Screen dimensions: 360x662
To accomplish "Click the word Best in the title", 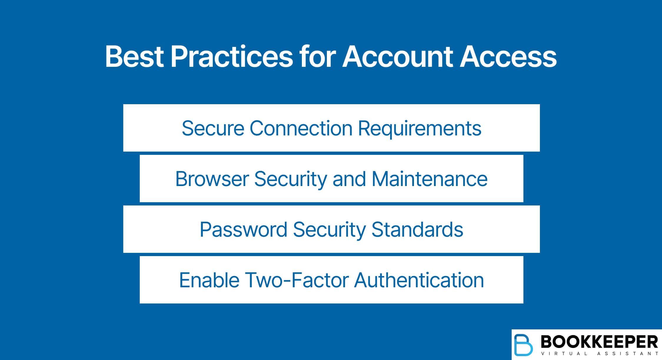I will (x=134, y=57).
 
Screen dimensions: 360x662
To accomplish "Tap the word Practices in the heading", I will (x=232, y=57).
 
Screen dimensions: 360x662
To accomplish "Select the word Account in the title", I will (x=397, y=57).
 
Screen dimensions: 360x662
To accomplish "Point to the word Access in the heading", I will (x=508, y=57).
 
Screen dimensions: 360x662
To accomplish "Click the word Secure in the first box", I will (x=213, y=128).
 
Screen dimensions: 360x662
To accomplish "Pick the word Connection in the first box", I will (x=301, y=128).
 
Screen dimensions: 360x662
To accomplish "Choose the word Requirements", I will (x=419, y=128).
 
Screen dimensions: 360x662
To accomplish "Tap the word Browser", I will (x=212, y=179).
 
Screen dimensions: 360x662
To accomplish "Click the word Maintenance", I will (x=429, y=179).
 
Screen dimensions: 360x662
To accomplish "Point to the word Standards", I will (x=417, y=230).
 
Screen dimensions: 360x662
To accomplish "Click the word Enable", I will (x=209, y=280).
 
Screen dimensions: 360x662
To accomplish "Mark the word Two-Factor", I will (x=297, y=280).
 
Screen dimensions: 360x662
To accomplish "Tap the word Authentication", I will (x=419, y=280).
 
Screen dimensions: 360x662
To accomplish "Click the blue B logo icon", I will (x=523, y=345).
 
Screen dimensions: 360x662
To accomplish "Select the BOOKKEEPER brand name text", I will (x=599, y=342).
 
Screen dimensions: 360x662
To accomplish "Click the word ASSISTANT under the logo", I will (x=628, y=354).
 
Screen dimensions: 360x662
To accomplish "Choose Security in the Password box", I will (x=329, y=230).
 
